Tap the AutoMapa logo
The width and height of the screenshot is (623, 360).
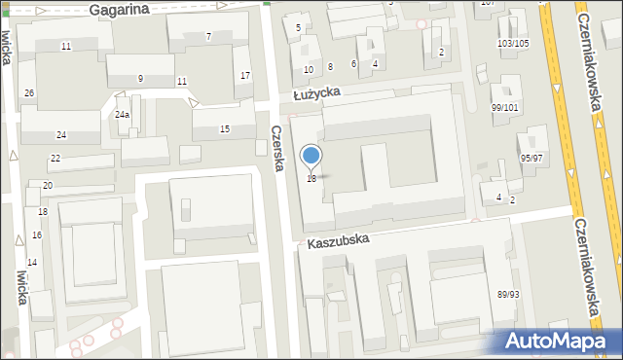pyautogui.click(x=559, y=342)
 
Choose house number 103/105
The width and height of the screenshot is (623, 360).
pyautogui.click(x=513, y=44)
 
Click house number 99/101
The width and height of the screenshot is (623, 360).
pyautogui.click(x=505, y=108)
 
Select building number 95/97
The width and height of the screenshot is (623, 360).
pyautogui.click(x=531, y=158)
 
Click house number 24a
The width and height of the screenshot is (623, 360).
pyautogui.click(x=122, y=115)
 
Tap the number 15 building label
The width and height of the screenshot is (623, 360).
pyautogui.click(x=225, y=129)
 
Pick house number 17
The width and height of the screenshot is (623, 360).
pyautogui.click(x=245, y=76)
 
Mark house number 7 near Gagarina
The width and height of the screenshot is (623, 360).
pyautogui.click(x=208, y=37)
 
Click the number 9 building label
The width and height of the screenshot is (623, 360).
pyautogui.click(x=141, y=78)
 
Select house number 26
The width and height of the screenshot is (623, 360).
pyautogui.click(x=30, y=92)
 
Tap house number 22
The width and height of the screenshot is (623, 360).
pyautogui.click(x=55, y=158)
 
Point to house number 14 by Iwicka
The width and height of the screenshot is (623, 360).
pyautogui.click(x=31, y=263)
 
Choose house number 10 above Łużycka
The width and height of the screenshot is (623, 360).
pyautogui.click(x=308, y=69)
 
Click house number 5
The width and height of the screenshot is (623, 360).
pyautogui.click(x=298, y=27)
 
